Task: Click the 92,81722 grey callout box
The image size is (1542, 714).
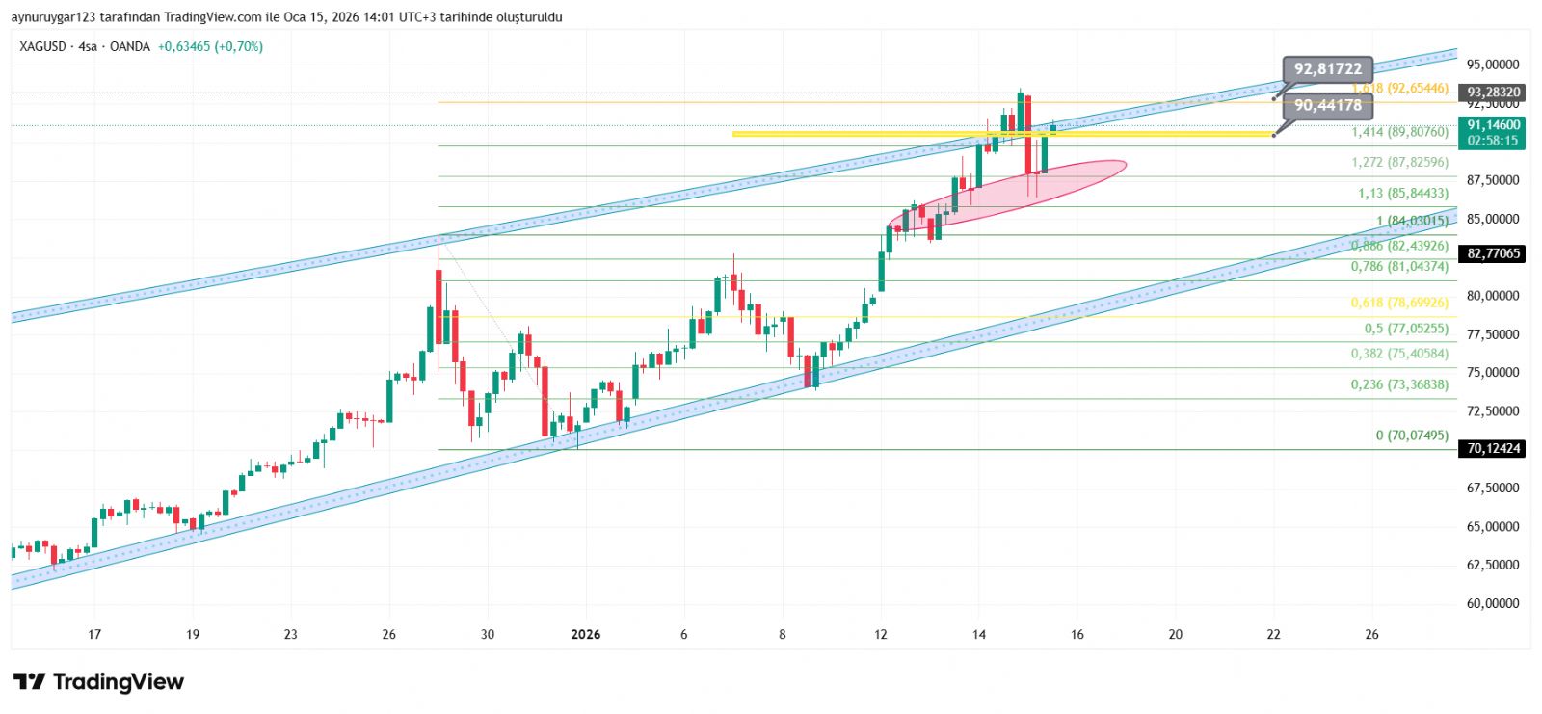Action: (x=1327, y=69)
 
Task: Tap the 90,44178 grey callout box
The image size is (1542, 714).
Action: (x=1327, y=106)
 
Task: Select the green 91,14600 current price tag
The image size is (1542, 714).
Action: (x=1493, y=132)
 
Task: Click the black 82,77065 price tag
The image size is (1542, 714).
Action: (x=1493, y=253)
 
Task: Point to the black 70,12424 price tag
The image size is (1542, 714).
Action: (x=1493, y=448)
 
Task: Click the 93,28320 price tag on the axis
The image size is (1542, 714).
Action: (x=1493, y=93)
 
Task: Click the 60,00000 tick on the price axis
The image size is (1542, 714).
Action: (x=1493, y=603)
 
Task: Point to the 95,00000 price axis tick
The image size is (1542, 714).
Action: (x=1493, y=65)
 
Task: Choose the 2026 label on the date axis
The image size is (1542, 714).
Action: (x=585, y=634)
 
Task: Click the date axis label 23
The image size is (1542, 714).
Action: (x=291, y=634)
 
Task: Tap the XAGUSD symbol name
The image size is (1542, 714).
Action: (x=42, y=46)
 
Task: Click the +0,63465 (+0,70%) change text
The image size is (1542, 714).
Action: (x=210, y=46)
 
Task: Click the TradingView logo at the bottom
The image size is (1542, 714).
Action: (x=98, y=682)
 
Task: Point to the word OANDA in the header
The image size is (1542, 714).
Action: (x=130, y=46)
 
